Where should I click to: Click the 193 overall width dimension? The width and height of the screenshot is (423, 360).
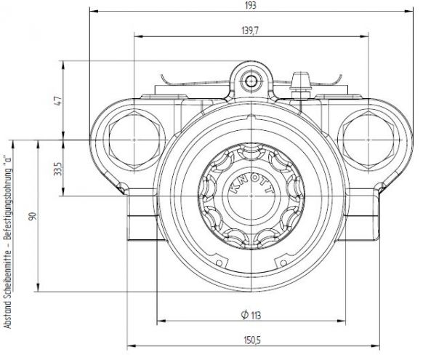pos(251,5)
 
